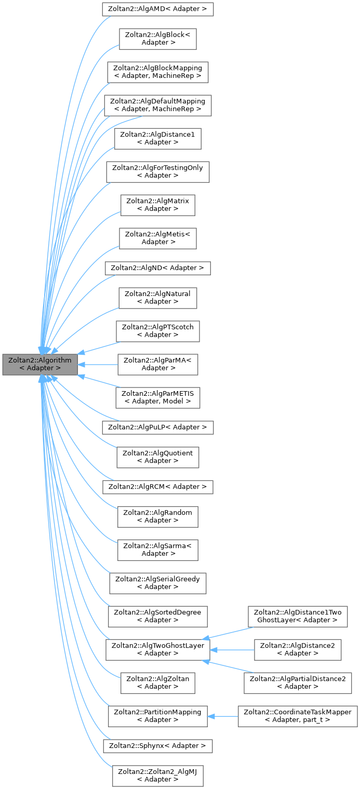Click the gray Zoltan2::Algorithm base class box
pos(41,364)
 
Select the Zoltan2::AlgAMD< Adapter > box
pos(158,9)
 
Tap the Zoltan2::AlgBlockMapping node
pos(158,72)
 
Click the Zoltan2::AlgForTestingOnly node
pos(158,171)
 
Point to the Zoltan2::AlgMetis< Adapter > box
pos(158,237)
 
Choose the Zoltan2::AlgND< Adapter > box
pos(158,268)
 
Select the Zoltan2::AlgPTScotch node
pos(158,330)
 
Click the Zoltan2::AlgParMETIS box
pos(158,397)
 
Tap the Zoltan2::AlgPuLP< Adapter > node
pos(158,427)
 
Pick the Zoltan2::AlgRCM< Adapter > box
pos(158,487)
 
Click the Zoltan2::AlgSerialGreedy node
pos(158,582)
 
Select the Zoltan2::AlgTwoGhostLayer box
pos(158,649)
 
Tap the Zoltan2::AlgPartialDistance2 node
pos(298,682)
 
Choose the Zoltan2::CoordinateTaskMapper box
pos(298,715)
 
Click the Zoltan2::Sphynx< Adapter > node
pos(158,745)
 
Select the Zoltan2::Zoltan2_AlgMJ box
pos(158,775)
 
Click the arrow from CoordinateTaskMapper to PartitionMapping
pos(223,715)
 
